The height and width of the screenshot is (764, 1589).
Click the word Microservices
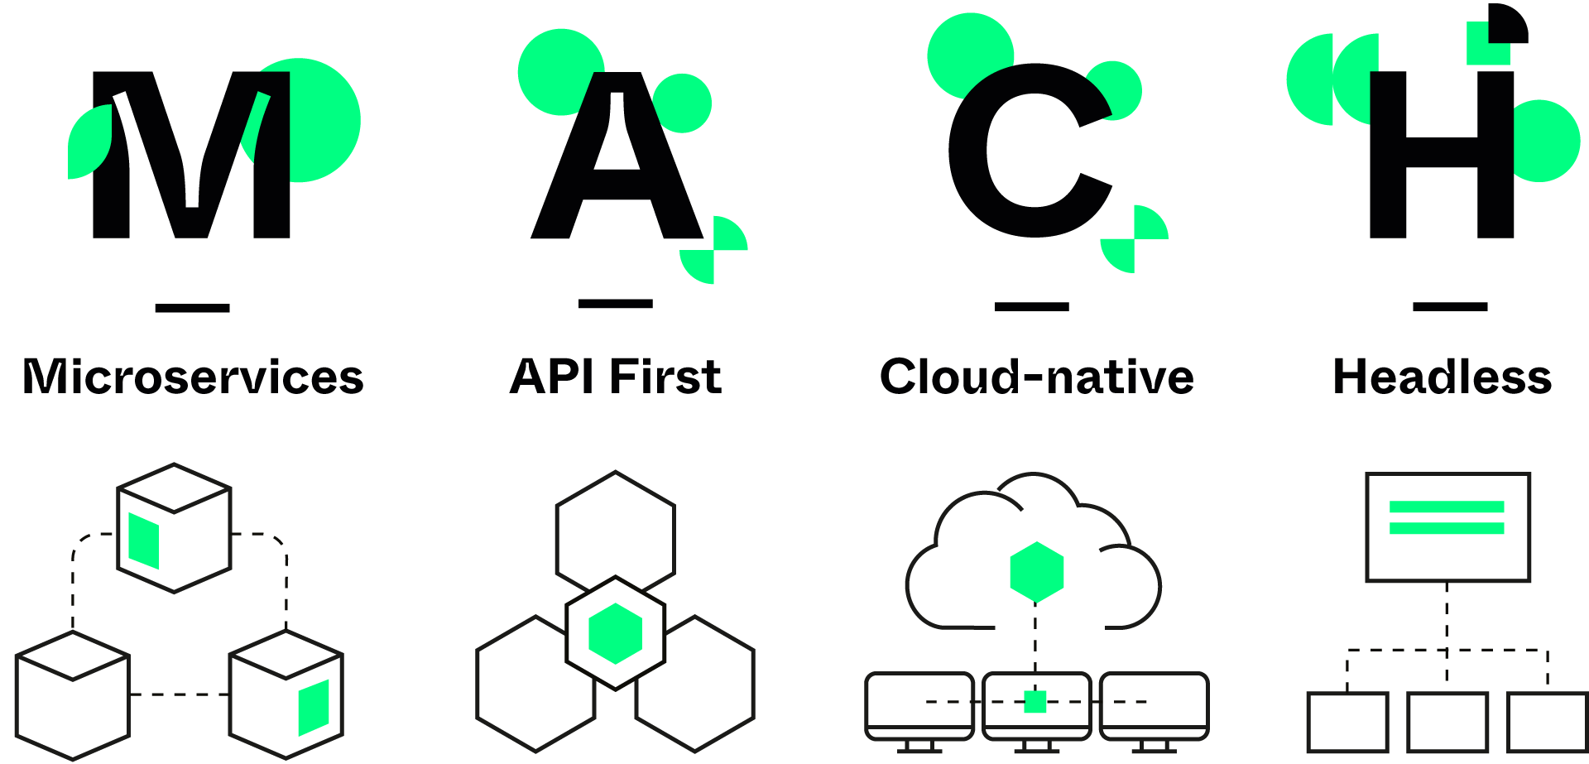[x=193, y=377]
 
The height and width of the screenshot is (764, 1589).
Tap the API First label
[x=616, y=376]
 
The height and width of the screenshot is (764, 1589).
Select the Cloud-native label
[x=1037, y=377]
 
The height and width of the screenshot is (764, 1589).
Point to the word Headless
[x=1443, y=377]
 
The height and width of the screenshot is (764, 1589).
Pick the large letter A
[x=616, y=166]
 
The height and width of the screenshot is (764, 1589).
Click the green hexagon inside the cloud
[x=1037, y=572]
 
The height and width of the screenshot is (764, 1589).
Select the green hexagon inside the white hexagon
[x=615, y=633]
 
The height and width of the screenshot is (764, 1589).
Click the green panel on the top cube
[x=143, y=541]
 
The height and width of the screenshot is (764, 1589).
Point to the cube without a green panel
[x=72, y=695]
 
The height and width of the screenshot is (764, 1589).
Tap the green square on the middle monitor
[x=1035, y=702]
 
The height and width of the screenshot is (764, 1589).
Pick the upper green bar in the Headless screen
[x=1447, y=507]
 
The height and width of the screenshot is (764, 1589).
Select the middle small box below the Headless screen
[x=1447, y=722]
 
